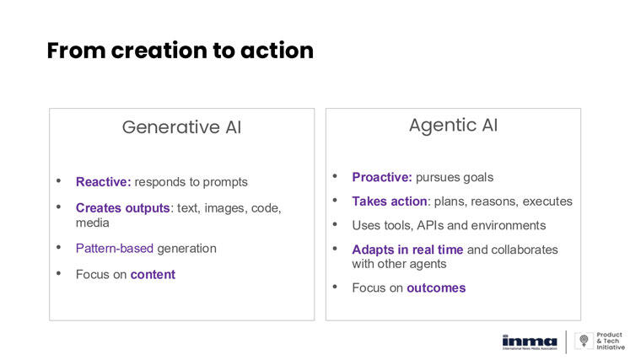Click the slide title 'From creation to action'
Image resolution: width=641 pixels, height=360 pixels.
tap(180, 51)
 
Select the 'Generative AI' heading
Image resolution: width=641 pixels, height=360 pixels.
tap(181, 127)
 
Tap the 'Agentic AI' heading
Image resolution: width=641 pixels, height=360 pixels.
tap(453, 126)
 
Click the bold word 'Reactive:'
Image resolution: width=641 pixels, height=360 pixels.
tap(103, 181)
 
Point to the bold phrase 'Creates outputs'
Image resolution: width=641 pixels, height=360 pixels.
tap(122, 208)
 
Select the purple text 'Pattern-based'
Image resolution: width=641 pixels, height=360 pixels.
tap(113, 248)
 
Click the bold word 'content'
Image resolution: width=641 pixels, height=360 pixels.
tap(153, 274)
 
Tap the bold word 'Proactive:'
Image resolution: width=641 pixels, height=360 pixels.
tap(382, 177)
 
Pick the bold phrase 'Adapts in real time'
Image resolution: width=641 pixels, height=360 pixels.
tap(407, 250)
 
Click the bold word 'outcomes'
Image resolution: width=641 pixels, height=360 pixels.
tap(436, 287)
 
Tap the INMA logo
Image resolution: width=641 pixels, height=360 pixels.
tap(529, 340)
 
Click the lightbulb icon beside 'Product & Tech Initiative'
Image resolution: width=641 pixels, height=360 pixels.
tap(583, 341)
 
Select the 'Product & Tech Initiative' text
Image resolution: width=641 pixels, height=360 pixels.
tap(611, 341)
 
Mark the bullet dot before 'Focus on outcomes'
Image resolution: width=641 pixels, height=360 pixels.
tap(334, 287)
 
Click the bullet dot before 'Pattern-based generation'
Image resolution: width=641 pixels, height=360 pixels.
tap(58, 247)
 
